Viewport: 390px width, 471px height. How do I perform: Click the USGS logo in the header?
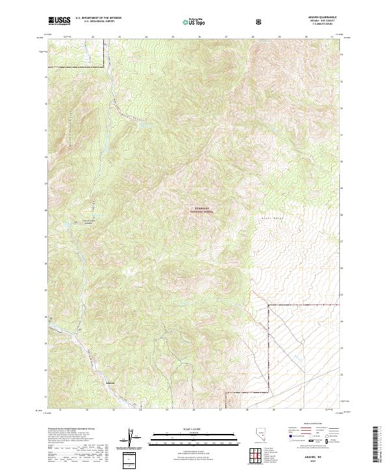[59, 21]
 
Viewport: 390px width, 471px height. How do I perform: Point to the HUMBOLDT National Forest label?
[201, 209]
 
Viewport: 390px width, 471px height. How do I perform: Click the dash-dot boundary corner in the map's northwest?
[105, 64]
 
